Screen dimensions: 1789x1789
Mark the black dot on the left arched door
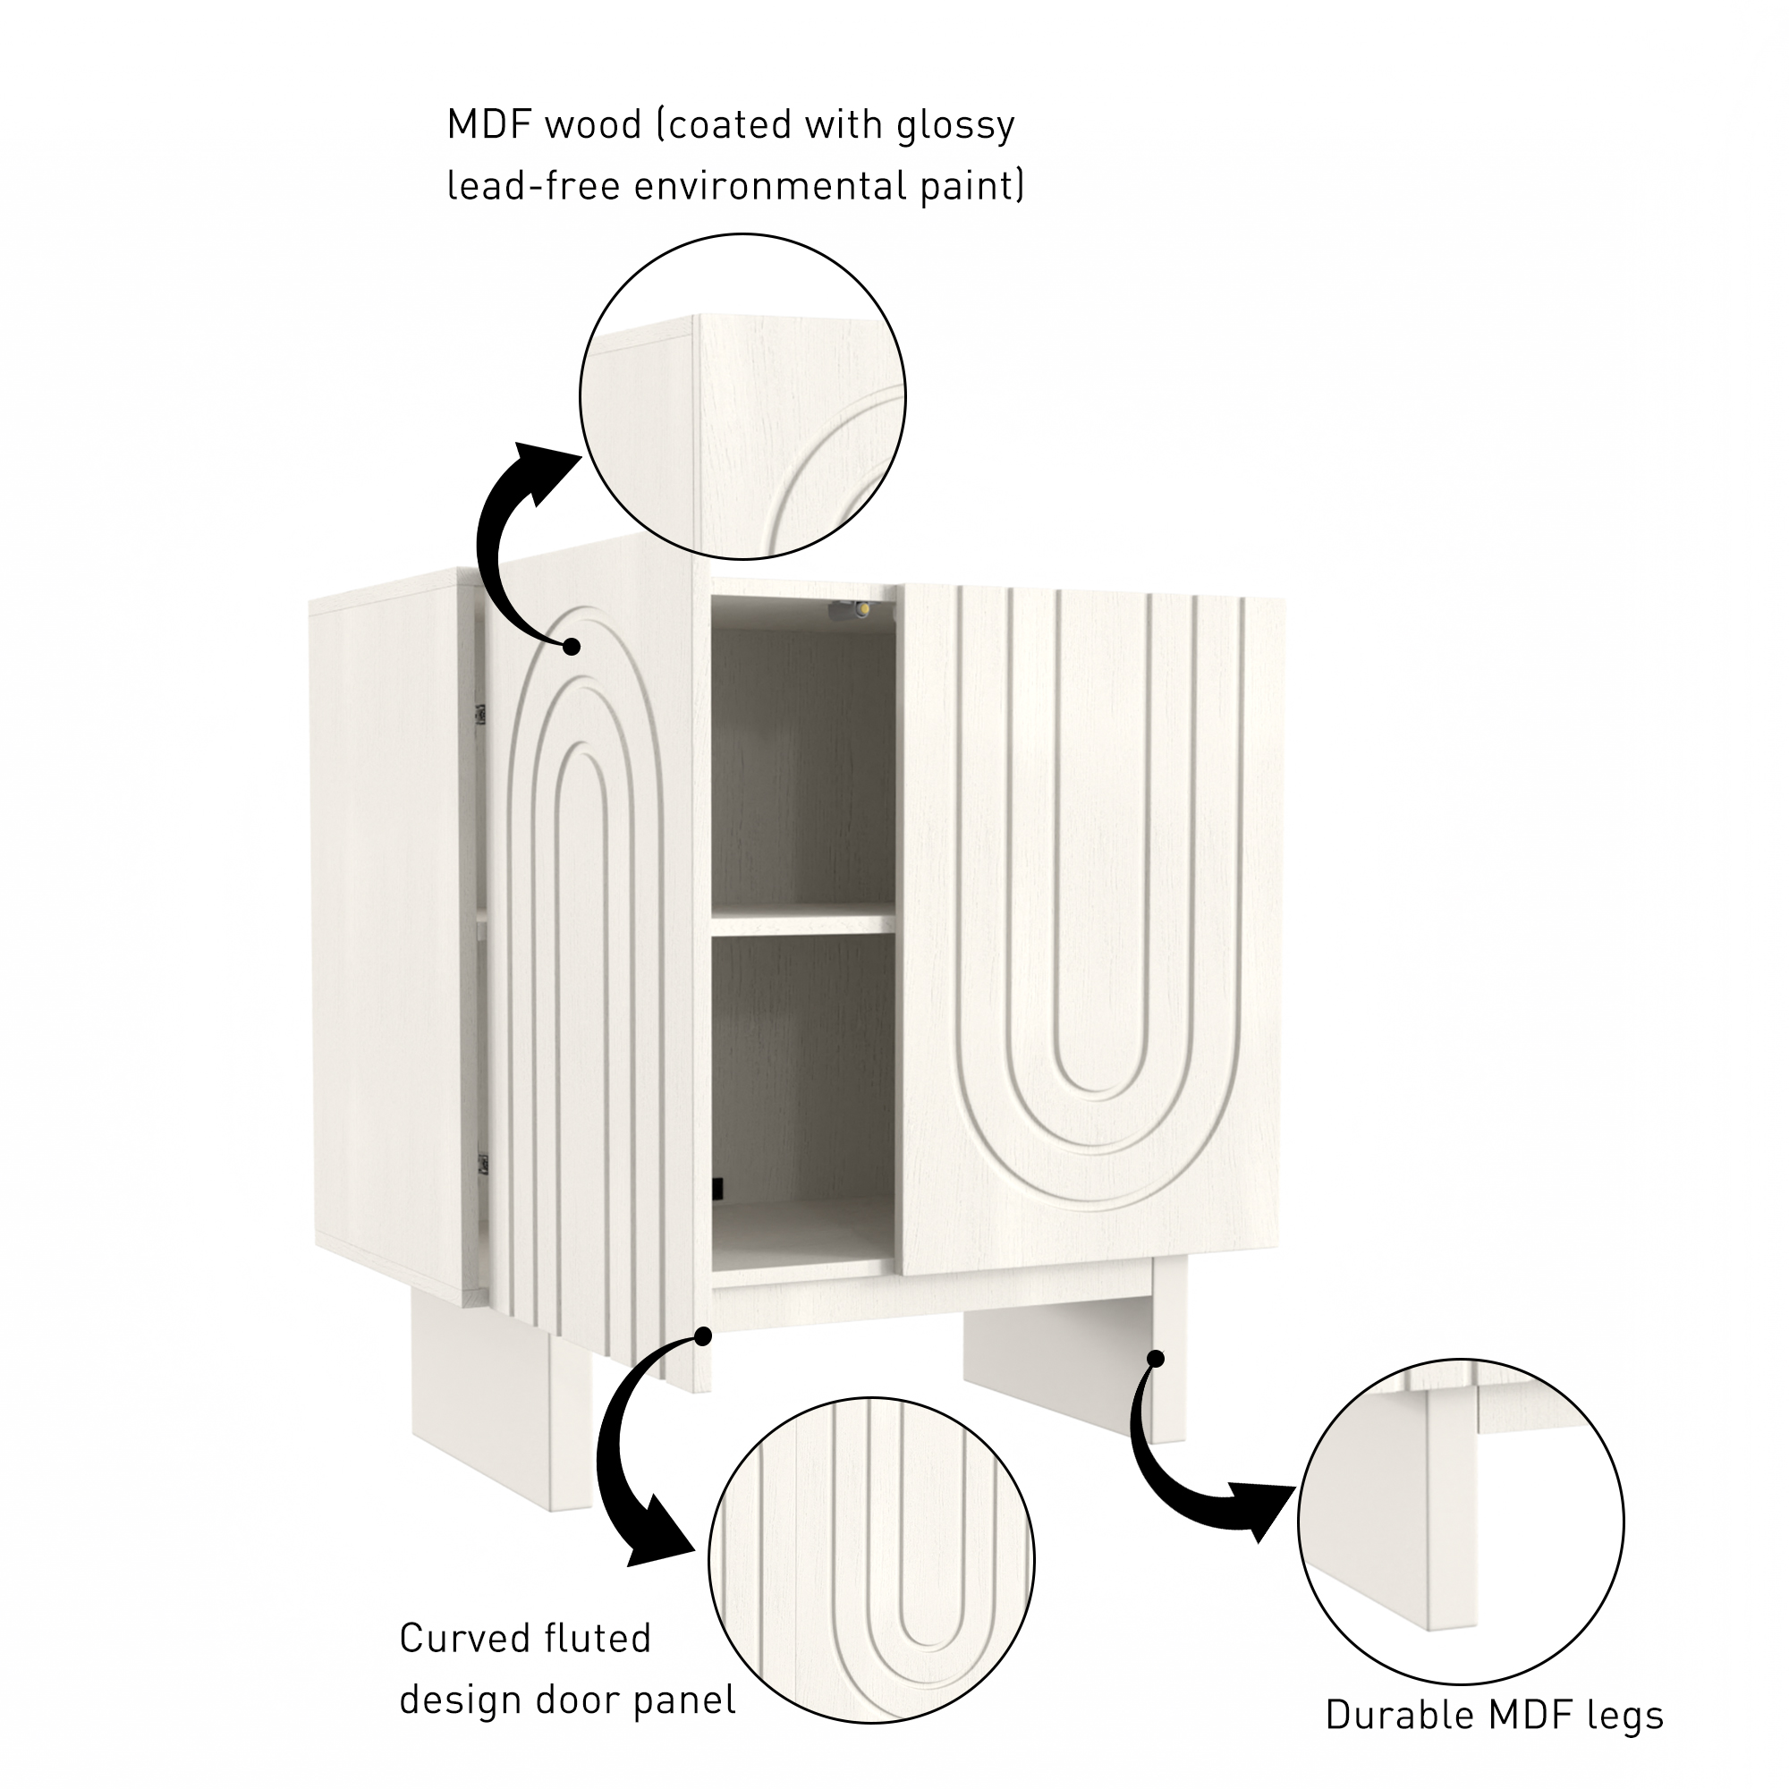coord(572,647)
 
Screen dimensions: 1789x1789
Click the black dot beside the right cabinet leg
coord(1156,1360)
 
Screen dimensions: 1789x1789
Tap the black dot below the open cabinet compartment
coord(703,1336)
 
